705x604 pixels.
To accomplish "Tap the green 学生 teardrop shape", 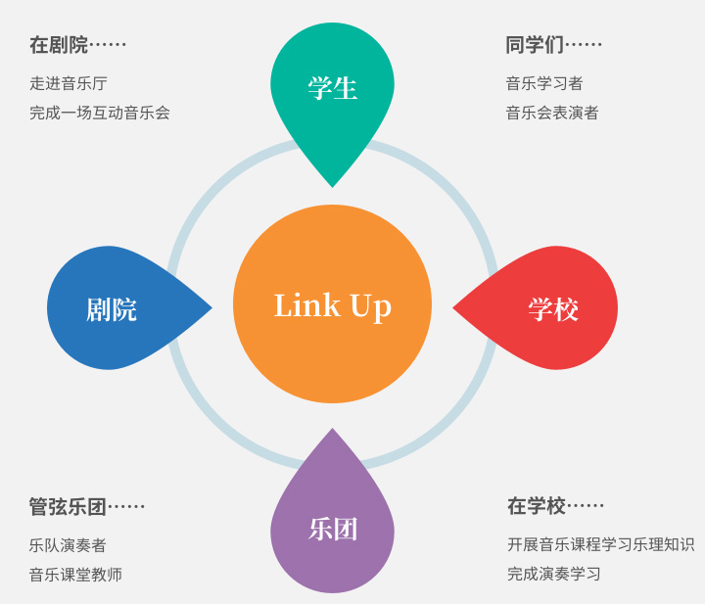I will point(332,88).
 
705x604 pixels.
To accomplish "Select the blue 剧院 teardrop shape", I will point(112,308).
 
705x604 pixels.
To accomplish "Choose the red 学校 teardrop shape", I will point(553,308).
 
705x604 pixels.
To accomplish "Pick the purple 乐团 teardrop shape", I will point(332,530).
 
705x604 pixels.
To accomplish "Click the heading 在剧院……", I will point(77,45).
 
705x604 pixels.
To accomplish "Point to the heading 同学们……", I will point(553,45).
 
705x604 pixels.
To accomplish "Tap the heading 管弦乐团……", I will point(86,507).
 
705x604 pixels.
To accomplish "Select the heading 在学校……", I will point(555,506).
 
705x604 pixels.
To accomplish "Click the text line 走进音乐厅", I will point(68,83).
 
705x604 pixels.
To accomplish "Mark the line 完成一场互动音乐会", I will point(99,113).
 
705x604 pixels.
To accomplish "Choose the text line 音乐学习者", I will point(544,83).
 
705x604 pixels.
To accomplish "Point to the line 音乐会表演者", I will point(552,113).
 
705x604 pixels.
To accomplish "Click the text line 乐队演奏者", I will point(68,545).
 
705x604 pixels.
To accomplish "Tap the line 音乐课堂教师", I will point(75,575).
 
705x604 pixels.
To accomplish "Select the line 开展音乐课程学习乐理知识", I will point(600,544).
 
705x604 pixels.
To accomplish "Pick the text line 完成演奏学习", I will point(554,574).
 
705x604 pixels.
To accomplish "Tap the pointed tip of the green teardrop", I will point(332,185).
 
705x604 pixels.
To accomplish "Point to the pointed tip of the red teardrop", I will point(454,308).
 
